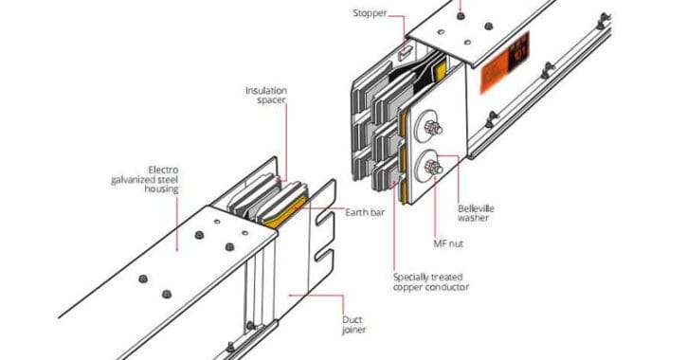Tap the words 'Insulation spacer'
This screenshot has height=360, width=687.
coord(266,96)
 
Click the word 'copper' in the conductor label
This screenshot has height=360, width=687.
coord(410,287)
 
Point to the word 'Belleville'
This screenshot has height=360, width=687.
coord(476,208)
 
